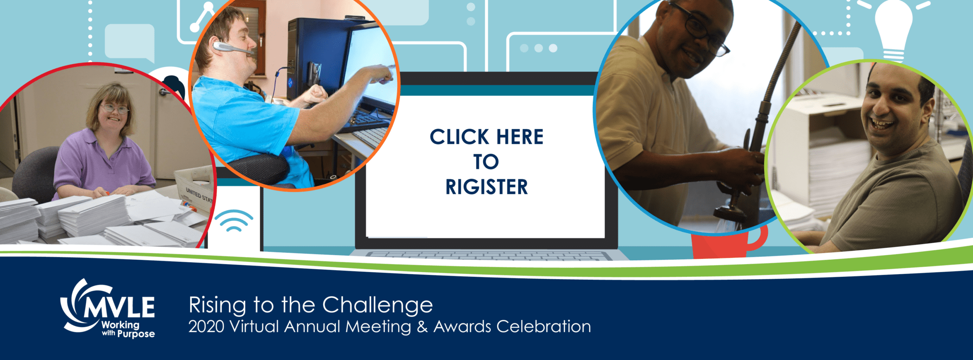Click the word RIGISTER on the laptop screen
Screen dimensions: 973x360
pyautogui.click(x=486, y=187)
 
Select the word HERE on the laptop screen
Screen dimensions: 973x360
pyautogui.click(x=520, y=137)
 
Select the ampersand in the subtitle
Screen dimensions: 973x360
pyautogui.click(x=422, y=327)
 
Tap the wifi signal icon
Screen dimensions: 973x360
pyautogui.click(x=233, y=220)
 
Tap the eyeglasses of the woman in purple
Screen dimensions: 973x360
pyautogui.click(x=114, y=109)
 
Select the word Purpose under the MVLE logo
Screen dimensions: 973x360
pyautogui.click(x=136, y=334)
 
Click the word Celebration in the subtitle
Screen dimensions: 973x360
pyautogui.click(x=544, y=327)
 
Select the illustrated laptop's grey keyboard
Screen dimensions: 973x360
pyautogui.click(x=489, y=256)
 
